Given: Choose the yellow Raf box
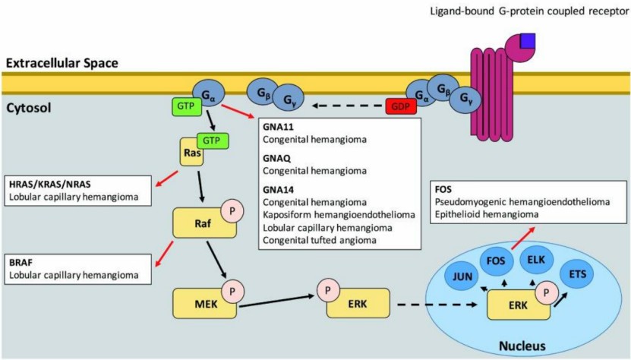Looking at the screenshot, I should tap(199, 225).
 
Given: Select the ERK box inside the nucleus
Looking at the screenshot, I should tap(516, 306).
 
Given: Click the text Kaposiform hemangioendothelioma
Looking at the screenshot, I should tap(330, 214).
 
